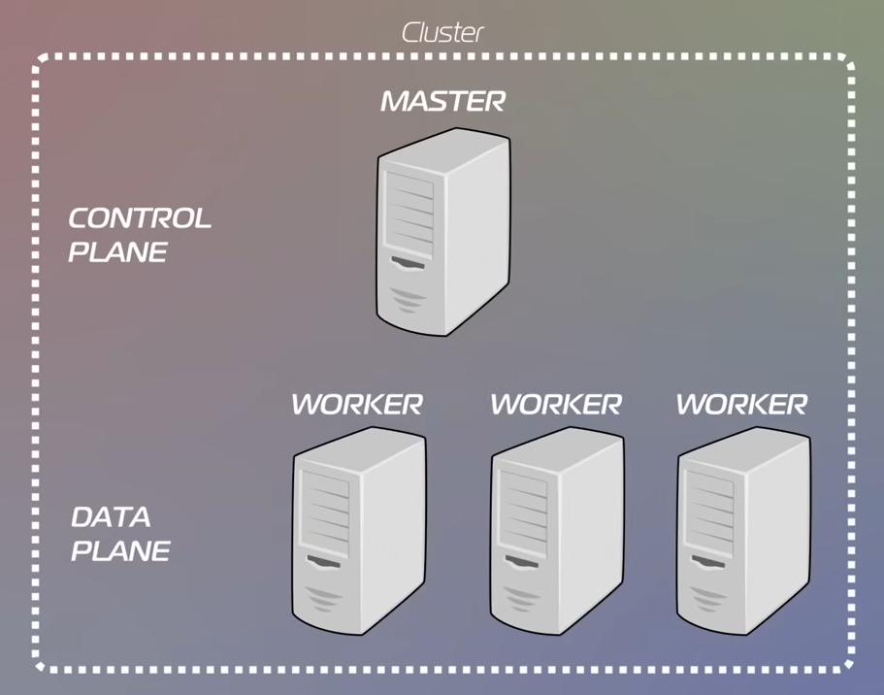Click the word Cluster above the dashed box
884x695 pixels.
[x=442, y=32]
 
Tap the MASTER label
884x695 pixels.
[x=442, y=100]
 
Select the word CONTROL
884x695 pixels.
[x=140, y=218]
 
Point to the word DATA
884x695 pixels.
[x=111, y=516]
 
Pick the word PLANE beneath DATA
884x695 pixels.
[x=121, y=551]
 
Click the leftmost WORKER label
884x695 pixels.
[x=357, y=404]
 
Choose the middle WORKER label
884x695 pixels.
[x=555, y=404]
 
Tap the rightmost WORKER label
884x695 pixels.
[x=741, y=404]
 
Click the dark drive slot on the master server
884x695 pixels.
[x=408, y=263]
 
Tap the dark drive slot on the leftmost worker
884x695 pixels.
[x=324, y=560]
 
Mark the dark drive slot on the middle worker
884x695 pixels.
[x=522, y=560]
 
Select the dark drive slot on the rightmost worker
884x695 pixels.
[x=706, y=560]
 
